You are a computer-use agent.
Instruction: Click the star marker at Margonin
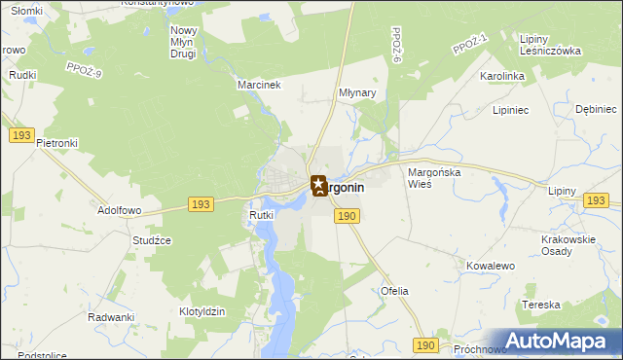click(318, 184)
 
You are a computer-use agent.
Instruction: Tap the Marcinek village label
click(259, 85)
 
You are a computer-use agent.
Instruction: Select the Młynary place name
click(357, 93)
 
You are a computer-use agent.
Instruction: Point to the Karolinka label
click(502, 75)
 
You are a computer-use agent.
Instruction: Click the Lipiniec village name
click(510, 110)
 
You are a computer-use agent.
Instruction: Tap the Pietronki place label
click(57, 142)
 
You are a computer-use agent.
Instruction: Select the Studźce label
click(153, 239)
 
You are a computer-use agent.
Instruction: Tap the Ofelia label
click(394, 291)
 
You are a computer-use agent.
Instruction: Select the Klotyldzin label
click(202, 311)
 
